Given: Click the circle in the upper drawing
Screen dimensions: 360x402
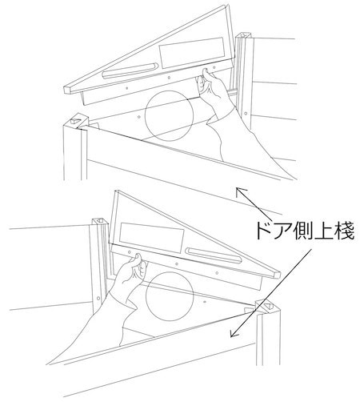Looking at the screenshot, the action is [145, 115].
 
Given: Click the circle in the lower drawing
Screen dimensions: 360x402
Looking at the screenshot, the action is [146, 296].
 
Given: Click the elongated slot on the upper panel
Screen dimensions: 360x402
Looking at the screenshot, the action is [130, 70].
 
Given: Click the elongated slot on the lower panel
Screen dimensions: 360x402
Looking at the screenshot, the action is [214, 255].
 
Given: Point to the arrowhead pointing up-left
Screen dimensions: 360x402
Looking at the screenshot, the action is [239, 191].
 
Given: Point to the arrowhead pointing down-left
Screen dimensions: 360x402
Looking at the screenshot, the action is [234, 333].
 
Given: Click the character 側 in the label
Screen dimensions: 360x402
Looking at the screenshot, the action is [302, 231].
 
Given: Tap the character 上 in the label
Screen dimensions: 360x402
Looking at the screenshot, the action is [322, 231].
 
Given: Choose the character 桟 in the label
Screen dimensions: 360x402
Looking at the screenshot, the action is [344, 231].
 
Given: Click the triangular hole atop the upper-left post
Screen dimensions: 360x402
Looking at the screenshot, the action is [76, 119].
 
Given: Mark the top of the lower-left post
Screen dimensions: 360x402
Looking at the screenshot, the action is [101, 221].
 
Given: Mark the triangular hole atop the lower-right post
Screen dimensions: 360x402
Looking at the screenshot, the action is [268, 307].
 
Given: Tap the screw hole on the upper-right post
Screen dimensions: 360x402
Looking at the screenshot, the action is [246, 114].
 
